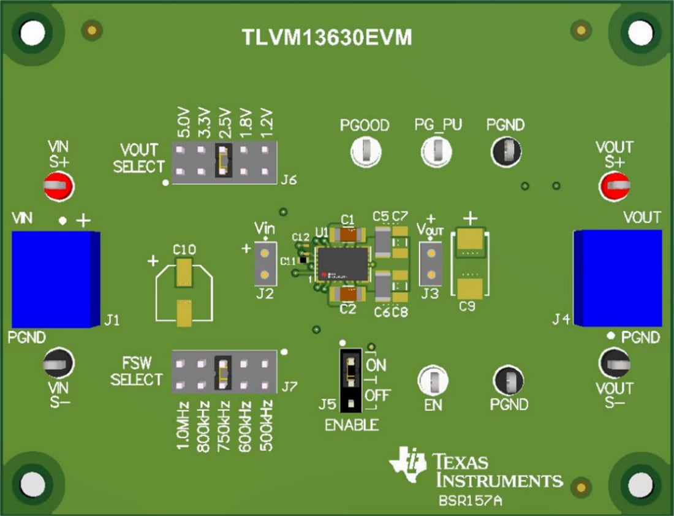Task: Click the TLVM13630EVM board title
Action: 326,38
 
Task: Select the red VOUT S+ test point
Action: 615,184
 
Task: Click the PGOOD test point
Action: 365,151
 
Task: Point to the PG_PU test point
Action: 437,151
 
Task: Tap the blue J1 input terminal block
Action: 55,279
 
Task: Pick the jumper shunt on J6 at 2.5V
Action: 223,161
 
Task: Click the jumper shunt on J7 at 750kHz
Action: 223,372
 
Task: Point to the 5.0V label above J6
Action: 182,123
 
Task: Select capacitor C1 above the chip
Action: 348,233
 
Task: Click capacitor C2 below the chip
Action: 348,295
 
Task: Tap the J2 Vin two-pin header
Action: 265,264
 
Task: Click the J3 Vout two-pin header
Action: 431,264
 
